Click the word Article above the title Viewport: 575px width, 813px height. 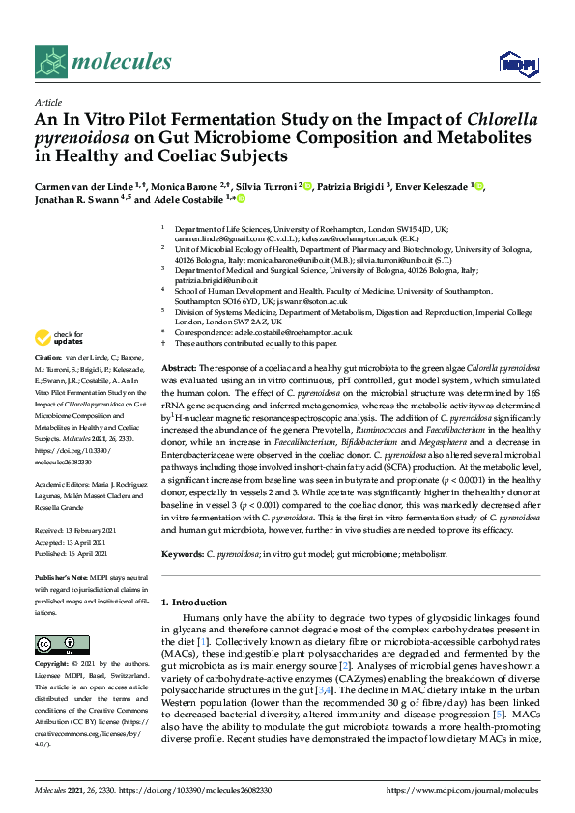point(47,101)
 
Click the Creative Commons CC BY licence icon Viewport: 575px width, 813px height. point(55,644)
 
